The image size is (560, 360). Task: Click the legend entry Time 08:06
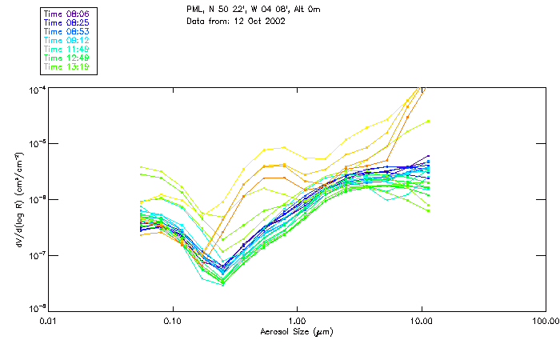click(x=67, y=13)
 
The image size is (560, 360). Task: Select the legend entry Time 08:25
click(x=67, y=22)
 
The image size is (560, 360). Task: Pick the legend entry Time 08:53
click(x=67, y=30)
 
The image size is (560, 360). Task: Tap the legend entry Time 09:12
click(x=67, y=39)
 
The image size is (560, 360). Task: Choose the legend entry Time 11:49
click(x=67, y=49)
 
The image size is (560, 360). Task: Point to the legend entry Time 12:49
click(x=67, y=58)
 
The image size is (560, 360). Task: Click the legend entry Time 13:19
click(x=67, y=66)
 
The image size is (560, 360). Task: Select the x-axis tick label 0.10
click(x=173, y=321)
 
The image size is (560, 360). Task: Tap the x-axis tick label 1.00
click(x=297, y=321)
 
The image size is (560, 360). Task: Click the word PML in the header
click(x=195, y=9)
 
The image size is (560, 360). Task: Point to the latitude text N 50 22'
click(x=227, y=9)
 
